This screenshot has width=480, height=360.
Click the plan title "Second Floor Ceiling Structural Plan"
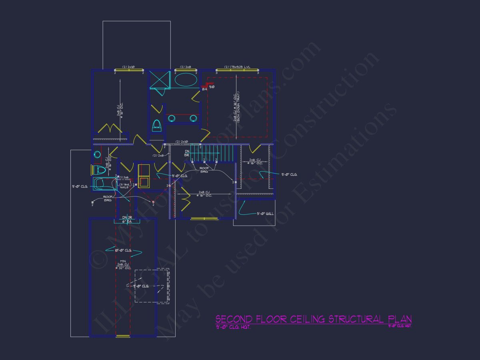[313, 319]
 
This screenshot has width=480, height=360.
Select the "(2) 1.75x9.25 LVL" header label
[237, 67]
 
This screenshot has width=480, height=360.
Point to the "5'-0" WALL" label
[265, 214]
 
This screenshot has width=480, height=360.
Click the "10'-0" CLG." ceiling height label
[123, 250]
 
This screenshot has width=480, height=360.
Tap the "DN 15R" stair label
[187, 153]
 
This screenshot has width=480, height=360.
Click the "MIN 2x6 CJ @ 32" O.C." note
[122, 265]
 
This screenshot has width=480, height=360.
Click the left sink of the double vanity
[172, 118]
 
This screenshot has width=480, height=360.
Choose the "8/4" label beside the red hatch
[204, 89]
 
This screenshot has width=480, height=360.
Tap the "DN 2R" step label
[127, 218]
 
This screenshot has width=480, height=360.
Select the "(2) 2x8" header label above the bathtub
[185, 67]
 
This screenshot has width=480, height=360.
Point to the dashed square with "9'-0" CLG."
[151, 286]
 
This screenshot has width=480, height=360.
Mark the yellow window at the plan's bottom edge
[123, 336]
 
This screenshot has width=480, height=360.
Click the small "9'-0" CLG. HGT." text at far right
[400, 326]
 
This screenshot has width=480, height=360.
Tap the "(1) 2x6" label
[124, 177]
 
